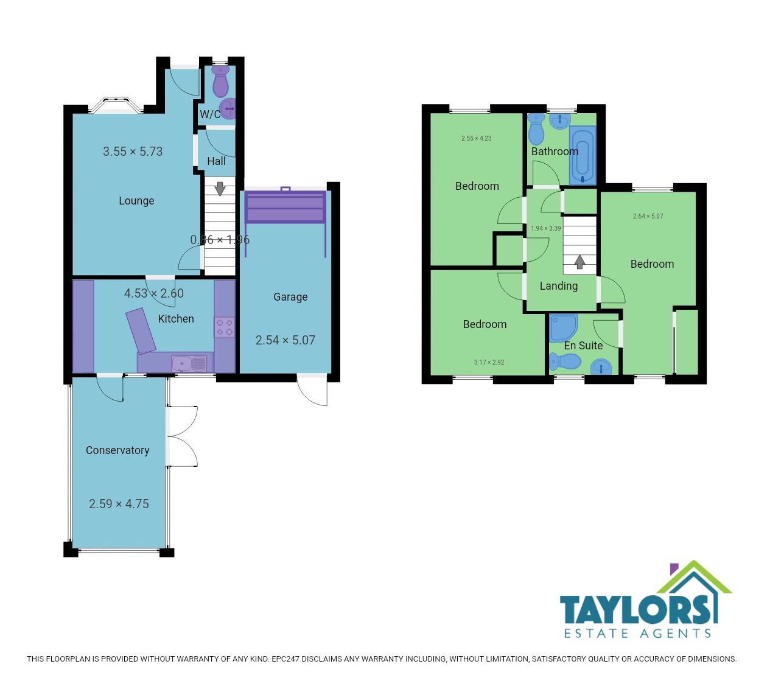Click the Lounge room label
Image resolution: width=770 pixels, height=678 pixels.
(x=136, y=201)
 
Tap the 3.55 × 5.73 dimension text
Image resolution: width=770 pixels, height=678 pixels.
(x=133, y=152)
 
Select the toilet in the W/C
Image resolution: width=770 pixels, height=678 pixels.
(x=221, y=82)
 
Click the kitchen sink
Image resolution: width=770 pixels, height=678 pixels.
(x=189, y=363)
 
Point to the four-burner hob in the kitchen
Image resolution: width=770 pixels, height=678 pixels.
(x=224, y=327)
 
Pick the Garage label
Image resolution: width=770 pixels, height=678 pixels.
(x=290, y=297)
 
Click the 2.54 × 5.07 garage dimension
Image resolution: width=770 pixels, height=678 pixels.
(x=285, y=340)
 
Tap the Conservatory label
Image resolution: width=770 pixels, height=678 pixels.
(x=117, y=450)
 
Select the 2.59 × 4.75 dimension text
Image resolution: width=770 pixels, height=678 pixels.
(x=119, y=504)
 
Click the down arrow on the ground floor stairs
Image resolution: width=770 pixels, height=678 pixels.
(x=220, y=189)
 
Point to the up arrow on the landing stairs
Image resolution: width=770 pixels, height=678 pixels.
(x=579, y=262)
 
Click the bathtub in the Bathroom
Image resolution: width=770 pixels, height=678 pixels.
(x=583, y=155)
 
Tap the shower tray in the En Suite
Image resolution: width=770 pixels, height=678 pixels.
(x=563, y=327)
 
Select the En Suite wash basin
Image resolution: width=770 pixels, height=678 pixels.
(x=601, y=367)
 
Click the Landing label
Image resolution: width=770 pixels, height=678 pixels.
(x=559, y=286)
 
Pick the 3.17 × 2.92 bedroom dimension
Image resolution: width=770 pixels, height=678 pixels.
(x=489, y=362)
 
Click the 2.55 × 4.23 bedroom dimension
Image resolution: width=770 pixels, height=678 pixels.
(x=476, y=138)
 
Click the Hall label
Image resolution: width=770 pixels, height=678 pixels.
(x=216, y=161)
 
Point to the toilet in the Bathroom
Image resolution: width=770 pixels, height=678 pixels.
(x=536, y=128)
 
